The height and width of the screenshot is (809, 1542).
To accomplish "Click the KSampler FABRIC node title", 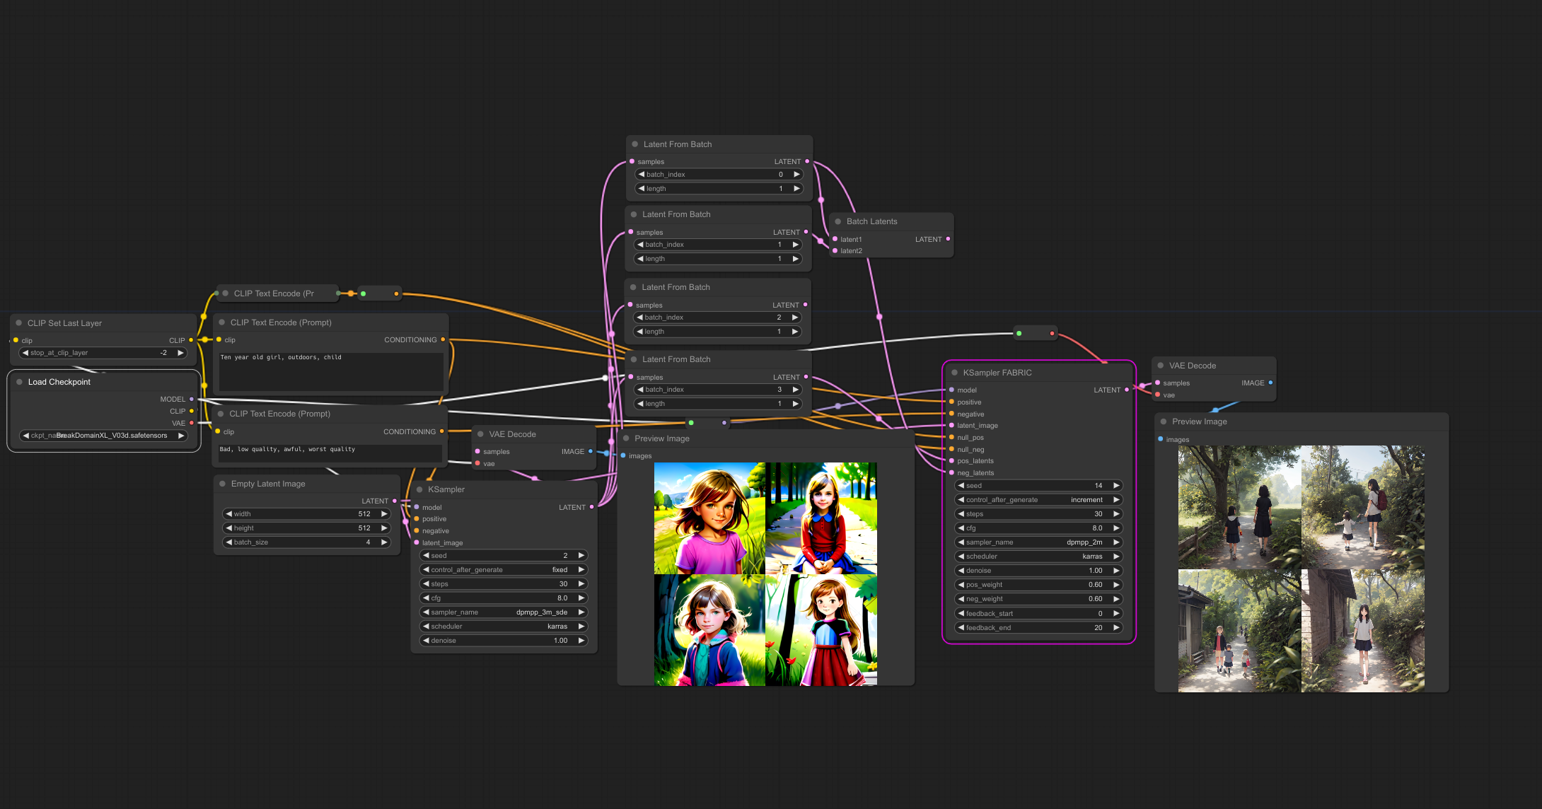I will (x=997, y=373).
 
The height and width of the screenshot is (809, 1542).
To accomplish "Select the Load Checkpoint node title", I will (x=59, y=382).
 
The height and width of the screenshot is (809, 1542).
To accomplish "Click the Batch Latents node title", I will (x=871, y=221).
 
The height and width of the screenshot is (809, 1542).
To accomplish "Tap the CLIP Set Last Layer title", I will (x=64, y=323).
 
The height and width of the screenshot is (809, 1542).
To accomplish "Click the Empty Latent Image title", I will (x=268, y=484).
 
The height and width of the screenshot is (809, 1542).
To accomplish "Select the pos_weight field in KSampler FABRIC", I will (x=1038, y=585).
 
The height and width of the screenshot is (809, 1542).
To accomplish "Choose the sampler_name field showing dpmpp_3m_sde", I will (x=504, y=612).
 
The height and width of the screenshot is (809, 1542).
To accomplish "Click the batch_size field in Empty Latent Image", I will (x=306, y=542).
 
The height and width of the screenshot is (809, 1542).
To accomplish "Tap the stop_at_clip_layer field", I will (x=103, y=353).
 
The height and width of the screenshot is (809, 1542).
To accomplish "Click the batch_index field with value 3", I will (x=718, y=390).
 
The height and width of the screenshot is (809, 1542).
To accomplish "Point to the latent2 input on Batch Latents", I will (x=851, y=251).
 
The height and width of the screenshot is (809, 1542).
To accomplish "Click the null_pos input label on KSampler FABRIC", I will (x=970, y=438).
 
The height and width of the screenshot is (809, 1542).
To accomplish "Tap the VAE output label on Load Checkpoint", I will (x=178, y=424).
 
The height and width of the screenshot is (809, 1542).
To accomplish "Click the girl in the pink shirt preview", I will (x=709, y=518).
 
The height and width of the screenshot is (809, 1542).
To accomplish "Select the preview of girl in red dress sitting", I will (x=821, y=518).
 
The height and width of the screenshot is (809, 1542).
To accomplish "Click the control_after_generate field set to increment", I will (x=1038, y=500).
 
